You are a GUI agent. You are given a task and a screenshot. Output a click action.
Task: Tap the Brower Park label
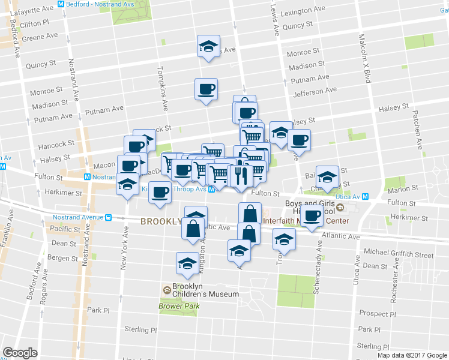(170, 306)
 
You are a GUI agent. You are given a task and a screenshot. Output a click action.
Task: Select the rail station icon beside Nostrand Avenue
(108, 217)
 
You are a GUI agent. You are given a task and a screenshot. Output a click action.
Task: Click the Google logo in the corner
(20, 353)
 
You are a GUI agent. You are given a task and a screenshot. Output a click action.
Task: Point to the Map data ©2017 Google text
(412, 355)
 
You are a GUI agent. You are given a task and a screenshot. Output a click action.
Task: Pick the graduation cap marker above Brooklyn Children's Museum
(187, 262)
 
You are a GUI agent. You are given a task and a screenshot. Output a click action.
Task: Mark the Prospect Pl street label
(377, 314)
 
